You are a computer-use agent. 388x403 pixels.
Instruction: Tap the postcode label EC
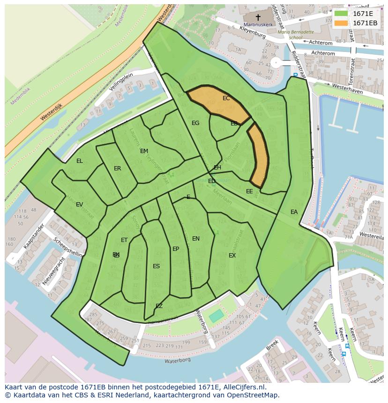point(226,98)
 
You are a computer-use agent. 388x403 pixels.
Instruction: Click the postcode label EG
point(195,123)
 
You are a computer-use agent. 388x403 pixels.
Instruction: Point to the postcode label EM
point(144,151)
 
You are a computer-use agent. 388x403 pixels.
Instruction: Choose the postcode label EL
point(80,161)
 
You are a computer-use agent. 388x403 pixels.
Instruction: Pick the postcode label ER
point(118,169)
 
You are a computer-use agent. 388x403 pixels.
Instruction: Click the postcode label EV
point(79,205)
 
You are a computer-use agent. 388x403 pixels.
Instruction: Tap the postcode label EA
point(294,212)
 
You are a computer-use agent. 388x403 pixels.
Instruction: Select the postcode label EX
point(232,256)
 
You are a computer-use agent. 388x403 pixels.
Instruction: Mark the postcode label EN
point(196,239)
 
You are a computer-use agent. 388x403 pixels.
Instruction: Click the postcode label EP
point(176,249)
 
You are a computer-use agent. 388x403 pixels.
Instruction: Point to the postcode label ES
point(156,266)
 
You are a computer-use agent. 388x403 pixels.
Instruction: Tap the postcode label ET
point(124,240)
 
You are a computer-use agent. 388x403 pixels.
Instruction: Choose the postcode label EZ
point(159,306)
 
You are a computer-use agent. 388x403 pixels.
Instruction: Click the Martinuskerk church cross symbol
point(257,16)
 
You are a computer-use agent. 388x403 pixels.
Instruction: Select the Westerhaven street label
point(347,88)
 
